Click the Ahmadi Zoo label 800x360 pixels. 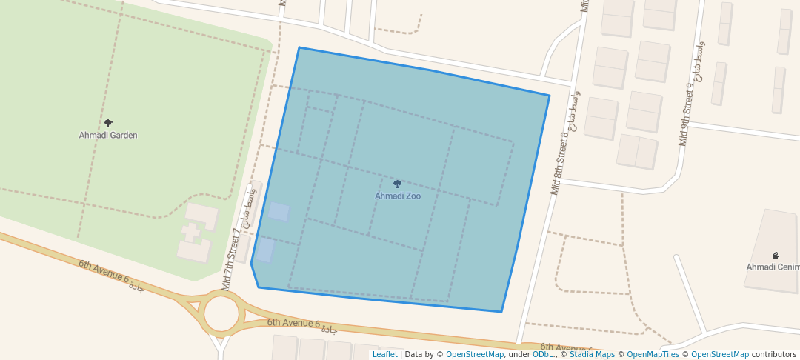[397, 196]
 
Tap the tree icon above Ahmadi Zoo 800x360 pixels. [397, 184]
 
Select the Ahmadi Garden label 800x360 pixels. [108, 136]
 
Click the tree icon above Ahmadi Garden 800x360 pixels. [108, 123]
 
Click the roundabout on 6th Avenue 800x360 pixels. [221, 313]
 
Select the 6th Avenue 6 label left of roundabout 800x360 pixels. [111, 276]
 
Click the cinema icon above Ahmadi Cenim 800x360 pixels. [776, 256]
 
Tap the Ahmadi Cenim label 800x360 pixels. [773, 267]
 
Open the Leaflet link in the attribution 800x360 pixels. [384, 355]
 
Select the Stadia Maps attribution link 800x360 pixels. [593, 355]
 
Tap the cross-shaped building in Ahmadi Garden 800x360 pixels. [191, 233]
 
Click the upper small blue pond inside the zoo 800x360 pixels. [279, 212]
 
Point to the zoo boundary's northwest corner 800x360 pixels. [299, 48]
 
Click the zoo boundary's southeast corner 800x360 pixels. [501, 312]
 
